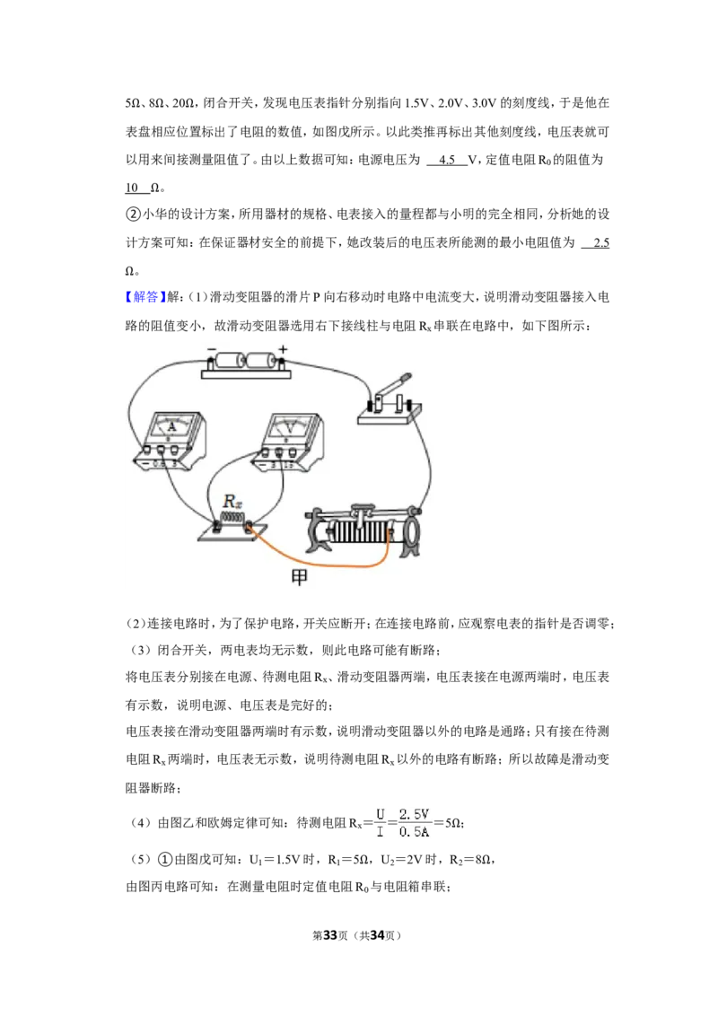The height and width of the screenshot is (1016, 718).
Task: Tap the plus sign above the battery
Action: point(283,349)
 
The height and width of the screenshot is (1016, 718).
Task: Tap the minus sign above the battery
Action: point(212,350)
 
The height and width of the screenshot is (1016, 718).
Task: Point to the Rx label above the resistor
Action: point(232,501)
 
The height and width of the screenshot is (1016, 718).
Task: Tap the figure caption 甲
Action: point(299,577)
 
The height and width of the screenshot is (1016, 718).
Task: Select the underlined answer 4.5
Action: point(447,160)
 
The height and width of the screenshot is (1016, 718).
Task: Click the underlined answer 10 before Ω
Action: point(132,188)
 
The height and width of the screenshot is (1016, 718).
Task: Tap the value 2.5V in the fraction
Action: point(414,814)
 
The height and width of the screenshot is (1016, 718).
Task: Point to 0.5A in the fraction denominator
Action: point(414,832)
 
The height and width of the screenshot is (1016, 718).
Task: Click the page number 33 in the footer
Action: point(330,935)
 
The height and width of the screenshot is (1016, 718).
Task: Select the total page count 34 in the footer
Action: point(378,935)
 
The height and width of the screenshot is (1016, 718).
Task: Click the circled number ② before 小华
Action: point(133,214)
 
